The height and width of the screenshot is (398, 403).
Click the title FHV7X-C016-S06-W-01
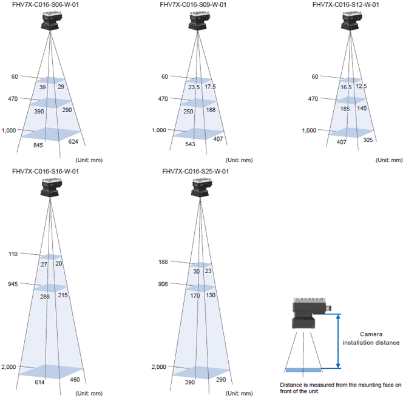[46, 5]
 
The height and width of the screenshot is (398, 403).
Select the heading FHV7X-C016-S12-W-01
[346, 5]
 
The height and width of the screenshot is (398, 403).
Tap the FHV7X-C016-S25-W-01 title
[195, 171]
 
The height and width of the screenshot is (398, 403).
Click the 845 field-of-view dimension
[38, 145]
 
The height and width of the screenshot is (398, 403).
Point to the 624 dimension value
[73, 141]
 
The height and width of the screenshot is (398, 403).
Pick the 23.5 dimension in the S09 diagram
[194, 87]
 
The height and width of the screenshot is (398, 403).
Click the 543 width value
[190, 144]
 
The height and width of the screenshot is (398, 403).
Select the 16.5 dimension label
[346, 87]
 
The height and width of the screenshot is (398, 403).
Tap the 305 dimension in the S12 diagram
[368, 140]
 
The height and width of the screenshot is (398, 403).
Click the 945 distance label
[13, 284]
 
